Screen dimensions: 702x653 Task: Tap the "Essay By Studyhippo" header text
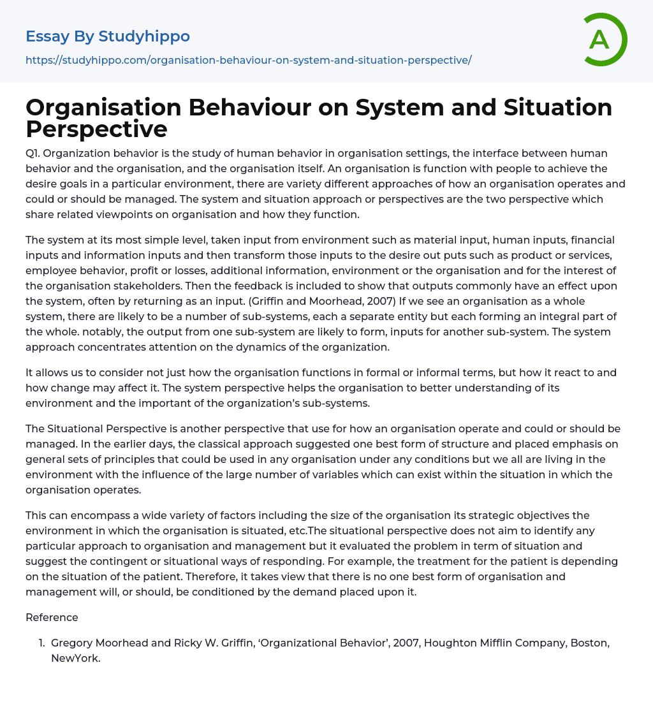coord(108,36)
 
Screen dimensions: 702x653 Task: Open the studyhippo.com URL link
coord(248,60)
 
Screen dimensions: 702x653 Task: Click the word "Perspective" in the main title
coord(96,129)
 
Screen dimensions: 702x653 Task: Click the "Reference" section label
coord(52,617)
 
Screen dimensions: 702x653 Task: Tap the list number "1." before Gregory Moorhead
coord(41,643)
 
